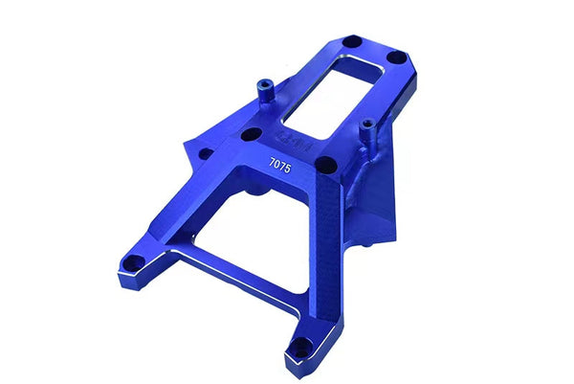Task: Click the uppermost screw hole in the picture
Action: [351, 42]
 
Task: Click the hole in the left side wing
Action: [204, 152]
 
